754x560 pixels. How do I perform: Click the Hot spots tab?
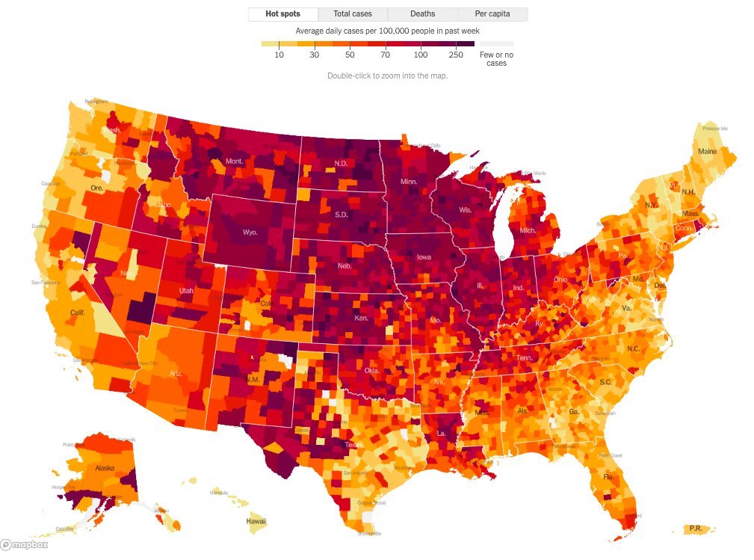pyautogui.click(x=282, y=14)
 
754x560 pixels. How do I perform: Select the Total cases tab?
pyautogui.click(x=353, y=14)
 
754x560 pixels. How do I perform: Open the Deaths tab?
pyautogui.click(x=422, y=14)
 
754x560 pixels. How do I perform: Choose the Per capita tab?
pyautogui.click(x=492, y=14)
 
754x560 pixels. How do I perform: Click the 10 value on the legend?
pyautogui.click(x=279, y=55)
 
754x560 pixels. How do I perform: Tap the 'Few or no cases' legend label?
pyautogui.click(x=496, y=59)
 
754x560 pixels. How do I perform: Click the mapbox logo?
pyautogui.click(x=25, y=545)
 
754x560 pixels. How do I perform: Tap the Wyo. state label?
pyautogui.click(x=250, y=233)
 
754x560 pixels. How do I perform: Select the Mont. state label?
pyautogui.click(x=235, y=161)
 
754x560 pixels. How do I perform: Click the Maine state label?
pyautogui.click(x=707, y=152)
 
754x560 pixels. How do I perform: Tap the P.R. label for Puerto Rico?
pyautogui.click(x=695, y=529)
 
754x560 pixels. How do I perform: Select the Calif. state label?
pyautogui.click(x=77, y=313)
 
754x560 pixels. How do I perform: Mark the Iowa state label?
pyautogui.click(x=424, y=258)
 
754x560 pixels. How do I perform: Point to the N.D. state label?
pyautogui.click(x=341, y=164)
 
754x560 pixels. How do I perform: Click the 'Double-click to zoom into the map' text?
pyautogui.click(x=387, y=76)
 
